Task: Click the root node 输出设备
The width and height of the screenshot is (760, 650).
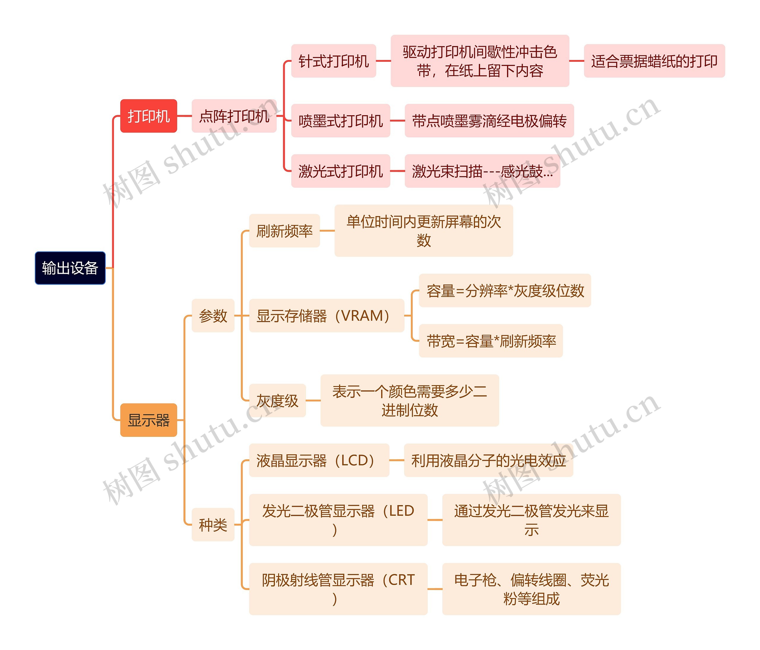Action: (x=70, y=268)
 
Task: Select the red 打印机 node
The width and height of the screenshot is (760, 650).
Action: (x=148, y=116)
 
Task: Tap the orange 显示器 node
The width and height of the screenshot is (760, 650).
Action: (x=148, y=420)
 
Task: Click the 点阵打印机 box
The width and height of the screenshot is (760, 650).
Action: (x=234, y=116)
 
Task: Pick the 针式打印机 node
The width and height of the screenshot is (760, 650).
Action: (x=333, y=61)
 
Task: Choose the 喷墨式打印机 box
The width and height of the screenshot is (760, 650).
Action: (x=341, y=121)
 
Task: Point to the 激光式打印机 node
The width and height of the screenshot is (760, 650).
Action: (x=341, y=171)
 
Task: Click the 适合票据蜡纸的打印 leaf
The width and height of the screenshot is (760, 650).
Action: (x=654, y=61)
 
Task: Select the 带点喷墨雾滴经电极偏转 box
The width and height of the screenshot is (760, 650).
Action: (x=489, y=121)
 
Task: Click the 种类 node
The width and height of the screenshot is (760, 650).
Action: (x=213, y=525)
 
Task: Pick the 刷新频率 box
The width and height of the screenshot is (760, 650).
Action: (x=284, y=231)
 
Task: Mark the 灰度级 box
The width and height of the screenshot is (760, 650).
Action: (x=277, y=401)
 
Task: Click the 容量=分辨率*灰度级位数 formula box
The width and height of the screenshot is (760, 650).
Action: (x=505, y=290)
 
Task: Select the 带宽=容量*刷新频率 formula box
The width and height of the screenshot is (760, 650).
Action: (x=491, y=341)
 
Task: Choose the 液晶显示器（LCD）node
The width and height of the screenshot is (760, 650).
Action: (x=319, y=460)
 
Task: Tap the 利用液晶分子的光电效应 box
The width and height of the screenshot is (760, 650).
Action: (x=488, y=460)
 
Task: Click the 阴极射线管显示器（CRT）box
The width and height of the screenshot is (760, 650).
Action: (x=338, y=589)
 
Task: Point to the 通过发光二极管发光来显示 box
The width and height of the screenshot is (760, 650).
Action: (x=531, y=520)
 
